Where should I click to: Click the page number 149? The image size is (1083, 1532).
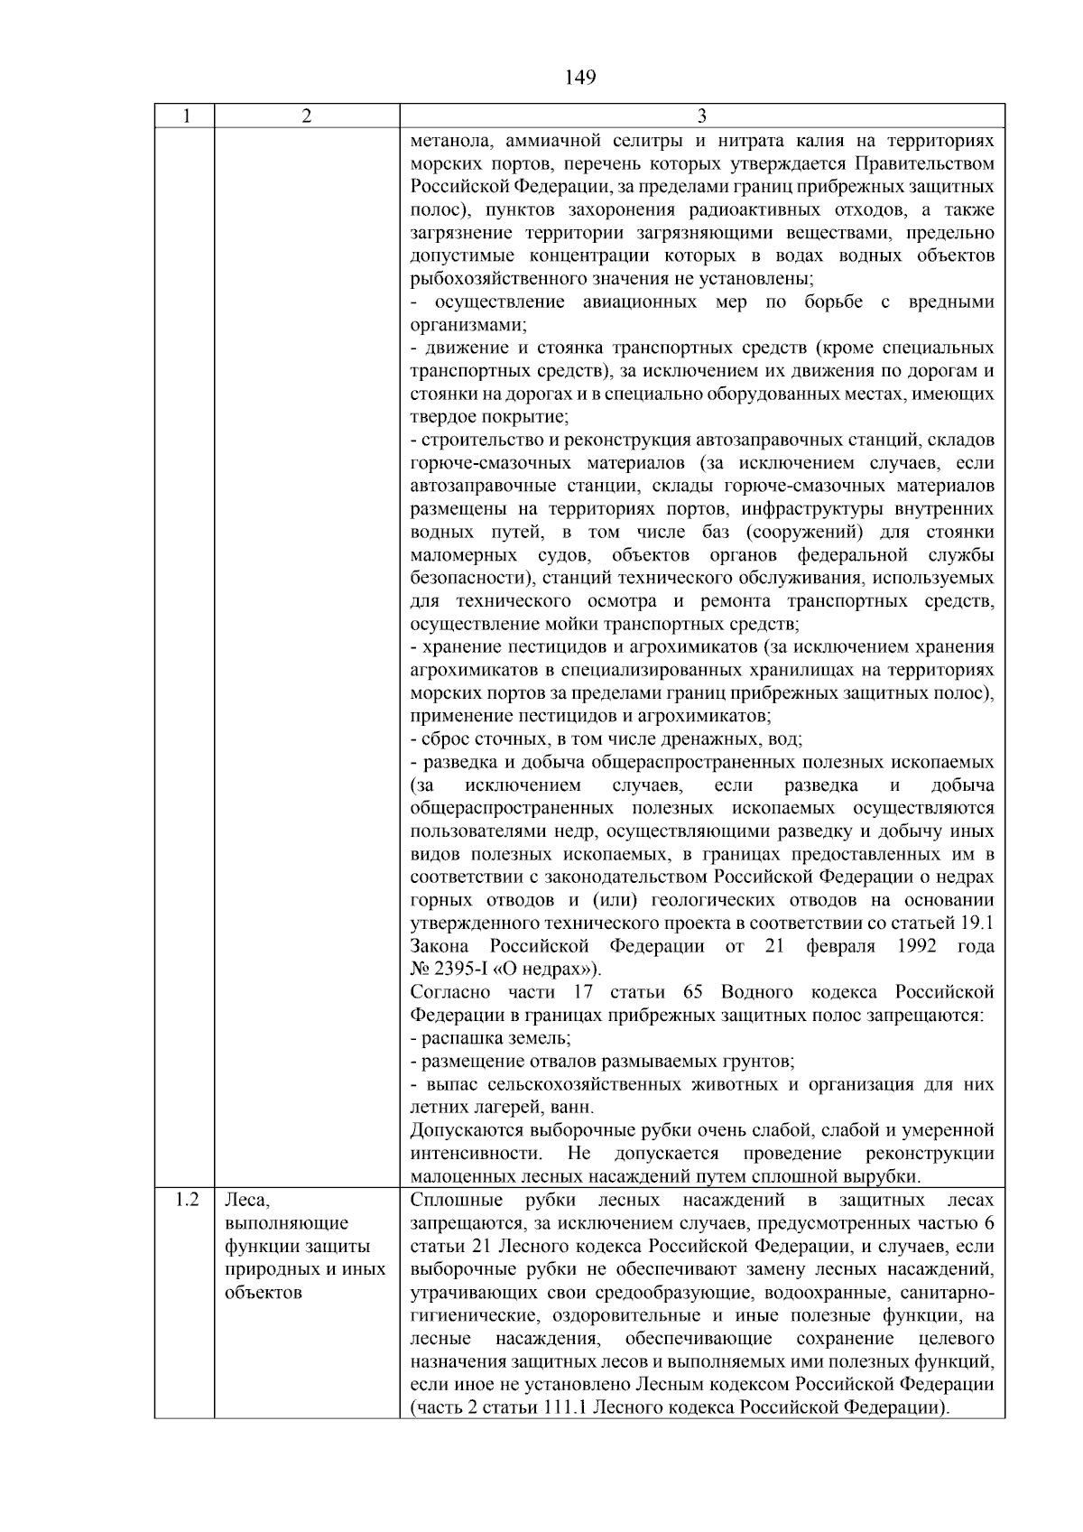[x=580, y=78]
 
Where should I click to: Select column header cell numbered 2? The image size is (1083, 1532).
[x=307, y=116]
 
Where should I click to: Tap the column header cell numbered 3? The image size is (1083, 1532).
[x=702, y=116]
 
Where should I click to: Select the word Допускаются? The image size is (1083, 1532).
[x=467, y=1130]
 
